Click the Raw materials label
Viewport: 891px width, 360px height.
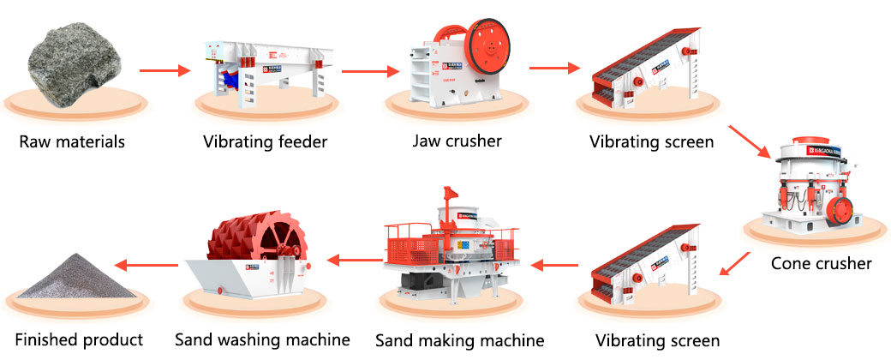[x=72, y=141]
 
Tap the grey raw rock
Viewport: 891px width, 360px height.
[x=74, y=63]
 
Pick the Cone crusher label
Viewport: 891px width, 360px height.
[x=821, y=263]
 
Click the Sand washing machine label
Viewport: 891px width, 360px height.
[x=262, y=339]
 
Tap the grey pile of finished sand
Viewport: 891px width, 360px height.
[x=74, y=279]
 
